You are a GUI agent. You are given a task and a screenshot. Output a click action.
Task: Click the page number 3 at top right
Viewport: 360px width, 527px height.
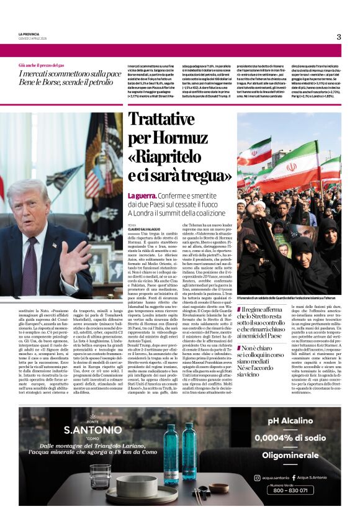pos(338,37)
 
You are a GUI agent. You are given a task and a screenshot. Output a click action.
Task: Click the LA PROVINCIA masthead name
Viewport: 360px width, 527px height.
pos(29,34)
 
